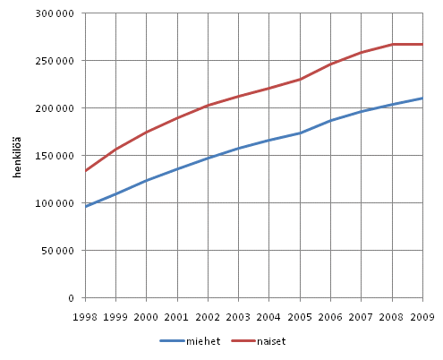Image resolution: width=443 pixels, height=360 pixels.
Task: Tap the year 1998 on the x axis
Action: point(86,317)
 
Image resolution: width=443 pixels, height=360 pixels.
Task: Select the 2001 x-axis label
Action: point(177,317)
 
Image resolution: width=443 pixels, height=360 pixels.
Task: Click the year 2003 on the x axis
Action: point(239,317)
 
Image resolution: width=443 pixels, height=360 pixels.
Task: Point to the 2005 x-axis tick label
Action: point(300,317)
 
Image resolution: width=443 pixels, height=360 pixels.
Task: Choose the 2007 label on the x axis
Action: point(362,317)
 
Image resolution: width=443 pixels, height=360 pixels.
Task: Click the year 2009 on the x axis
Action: point(422,317)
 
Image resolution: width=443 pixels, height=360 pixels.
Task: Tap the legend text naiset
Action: point(271,341)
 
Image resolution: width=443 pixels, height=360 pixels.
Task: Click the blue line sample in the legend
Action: point(172,341)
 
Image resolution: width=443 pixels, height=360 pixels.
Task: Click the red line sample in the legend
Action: point(243,341)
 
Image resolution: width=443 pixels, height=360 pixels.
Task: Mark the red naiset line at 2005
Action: point(300,79)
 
